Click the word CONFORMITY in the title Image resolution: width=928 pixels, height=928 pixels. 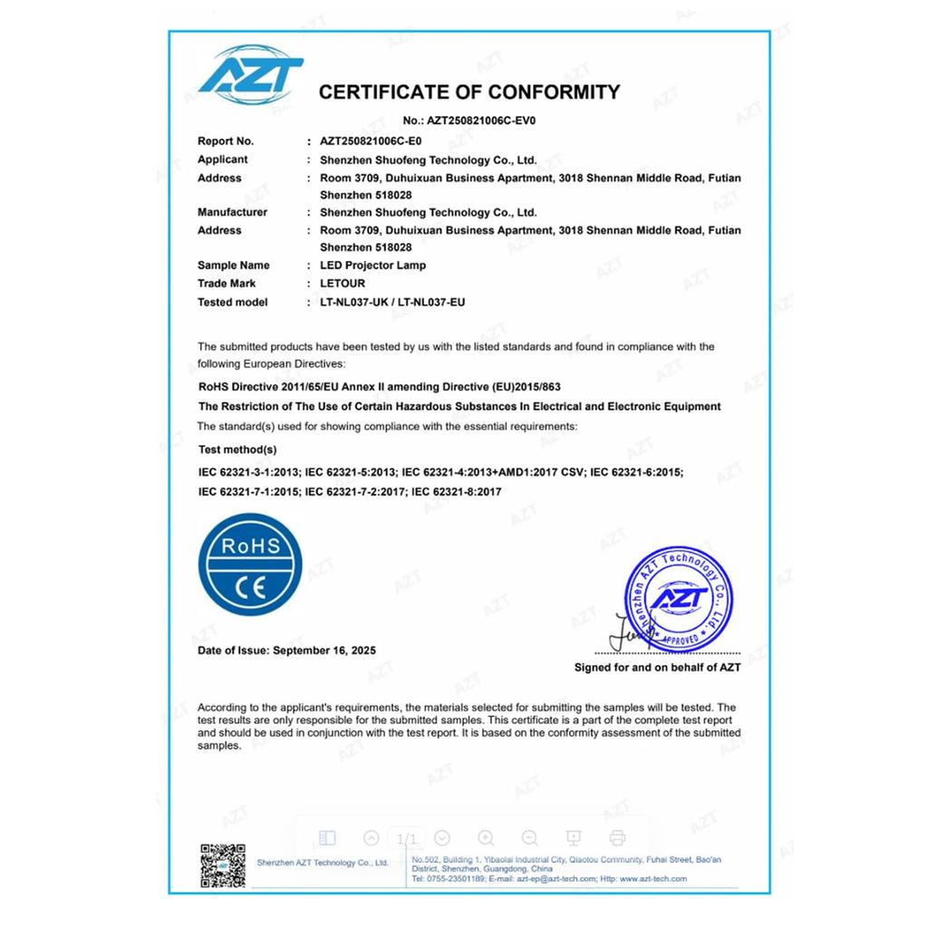pyautogui.click(x=554, y=92)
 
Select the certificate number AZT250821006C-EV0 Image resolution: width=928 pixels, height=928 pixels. pyautogui.click(x=488, y=120)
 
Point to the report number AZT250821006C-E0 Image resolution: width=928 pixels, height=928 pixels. pyautogui.click(x=372, y=141)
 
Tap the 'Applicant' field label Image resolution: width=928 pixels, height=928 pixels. pyautogui.click(x=222, y=159)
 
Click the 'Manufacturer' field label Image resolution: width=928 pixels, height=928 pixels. pyautogui.click(x=232, y=212)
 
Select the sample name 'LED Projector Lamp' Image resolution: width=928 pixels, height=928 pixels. pyautogui.click(x=372, y=266)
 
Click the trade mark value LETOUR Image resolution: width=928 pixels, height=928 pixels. pyautogui.click(x=343, y=284)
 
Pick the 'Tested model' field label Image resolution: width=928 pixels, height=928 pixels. pyautogui.click(x=232, y=302)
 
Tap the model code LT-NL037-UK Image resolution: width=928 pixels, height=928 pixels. pyautogui.click(x=353, y=302)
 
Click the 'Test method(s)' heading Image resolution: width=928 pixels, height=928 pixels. pyautogui.click(x=237, y=449)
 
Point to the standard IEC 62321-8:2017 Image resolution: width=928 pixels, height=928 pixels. pyautogui.click(x=457, y=491)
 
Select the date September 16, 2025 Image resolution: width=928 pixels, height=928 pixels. pyautogui.click(x=324, y=651)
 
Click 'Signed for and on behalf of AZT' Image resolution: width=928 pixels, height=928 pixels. pyautogui.click(x=657, y=667)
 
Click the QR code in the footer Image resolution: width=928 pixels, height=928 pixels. pyautogui.click(x=222, y=865)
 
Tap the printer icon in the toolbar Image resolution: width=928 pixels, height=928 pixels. pyautogui.click(x=617, y=838)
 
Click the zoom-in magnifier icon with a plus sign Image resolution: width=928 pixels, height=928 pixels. pyautogui.click(x=486, y=838)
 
